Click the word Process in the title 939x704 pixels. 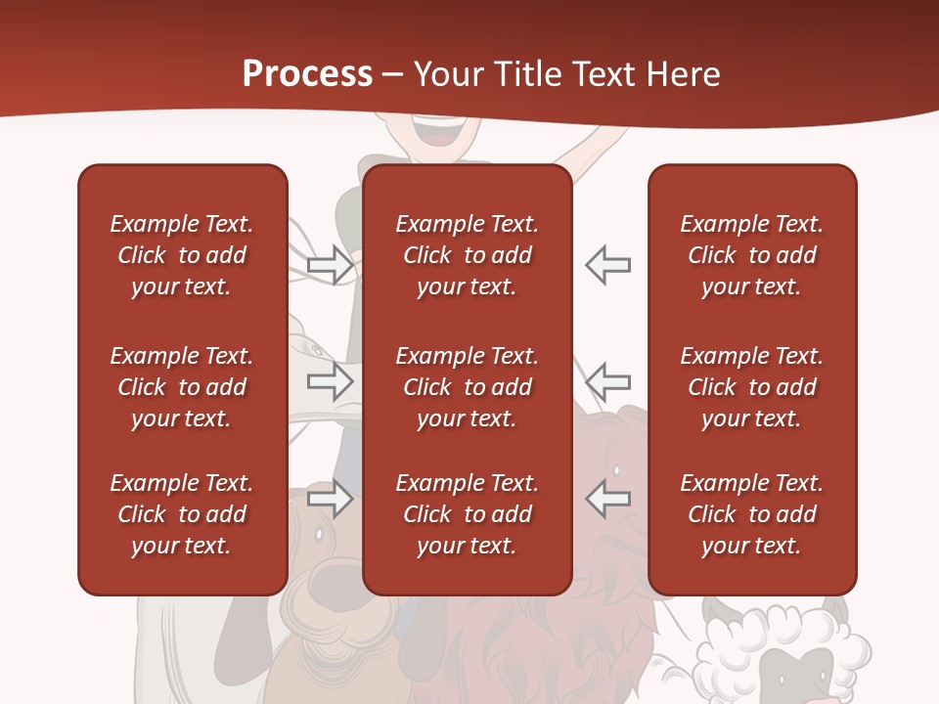(307, 74)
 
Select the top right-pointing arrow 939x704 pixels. (331, 265)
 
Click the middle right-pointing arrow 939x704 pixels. (331, 380)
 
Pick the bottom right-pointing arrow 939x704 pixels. (331, 499)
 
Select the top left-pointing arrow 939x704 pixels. (607, 265)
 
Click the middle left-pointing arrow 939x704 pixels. (607, 380)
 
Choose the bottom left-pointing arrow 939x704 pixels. (607, 499)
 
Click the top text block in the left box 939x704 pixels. (182, 255)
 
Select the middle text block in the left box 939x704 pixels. (182, 387)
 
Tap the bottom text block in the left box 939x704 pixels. (182, 514)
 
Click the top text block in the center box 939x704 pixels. (467, 255)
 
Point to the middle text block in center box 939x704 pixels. (467, 387)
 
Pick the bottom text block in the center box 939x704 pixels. (467, 514)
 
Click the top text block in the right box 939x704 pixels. (751, 255)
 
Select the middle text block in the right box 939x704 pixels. (751, 387)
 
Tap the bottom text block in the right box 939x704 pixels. (751, 514)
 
